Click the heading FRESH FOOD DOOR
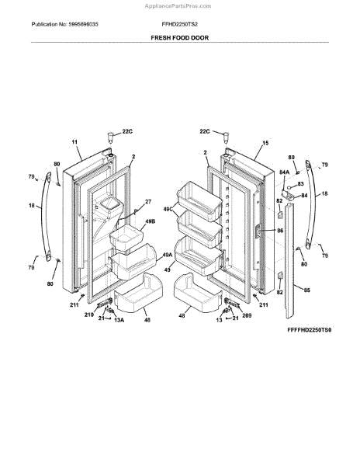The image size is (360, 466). pyautogui.click(x=179, y=38)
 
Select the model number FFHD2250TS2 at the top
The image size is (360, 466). pyautogui.click(x=179, y=24)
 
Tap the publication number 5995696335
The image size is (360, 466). pyautogui.click(x=83, y=24)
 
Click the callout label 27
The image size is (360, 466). pyautogui.click(x=147, y=201)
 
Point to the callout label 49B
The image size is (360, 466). pyautogui.click(x=151, y=221)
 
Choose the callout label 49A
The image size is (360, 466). pyautogui.click(x=167, y=255)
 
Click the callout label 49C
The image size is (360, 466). pyautogui.click(x=168, y=209)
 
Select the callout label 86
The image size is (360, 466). pyautogui.click(x=280, y=231)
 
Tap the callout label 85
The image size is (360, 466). pyautogui.click(x=306, y=290)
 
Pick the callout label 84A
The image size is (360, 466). pyautogui.click(x=284, y=172)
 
